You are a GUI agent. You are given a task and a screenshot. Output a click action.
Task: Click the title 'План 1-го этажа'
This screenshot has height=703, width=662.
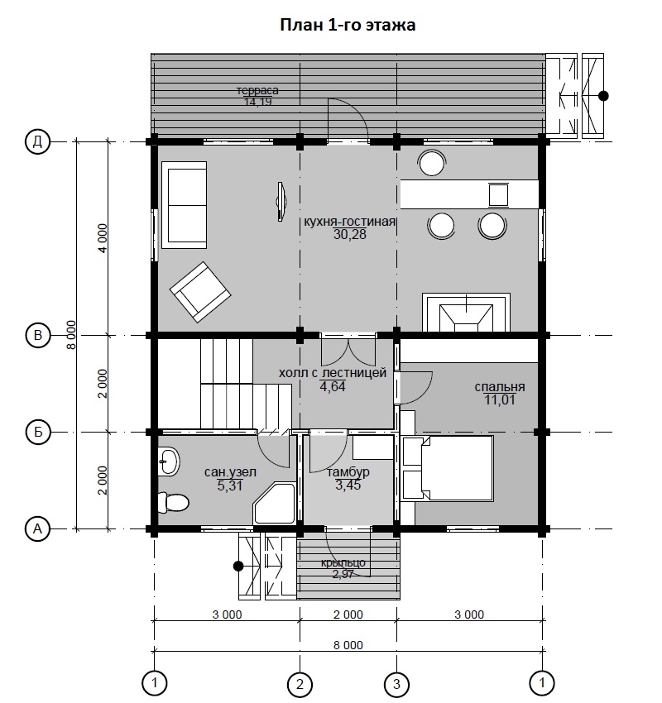(348, 25)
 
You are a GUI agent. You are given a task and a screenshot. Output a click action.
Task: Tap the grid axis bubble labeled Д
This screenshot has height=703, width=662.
(38, 141)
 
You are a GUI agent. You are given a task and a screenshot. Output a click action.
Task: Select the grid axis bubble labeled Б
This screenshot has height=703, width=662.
(38, 432)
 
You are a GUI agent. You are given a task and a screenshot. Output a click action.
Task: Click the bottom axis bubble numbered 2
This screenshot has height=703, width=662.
(300, 684)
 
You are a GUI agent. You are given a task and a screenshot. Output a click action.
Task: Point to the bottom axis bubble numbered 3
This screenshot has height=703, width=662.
(396, 684)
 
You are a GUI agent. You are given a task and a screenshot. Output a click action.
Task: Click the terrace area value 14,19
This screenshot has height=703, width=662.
(257, 102)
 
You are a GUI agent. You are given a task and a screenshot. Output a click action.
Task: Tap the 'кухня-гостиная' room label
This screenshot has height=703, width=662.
(350, 222)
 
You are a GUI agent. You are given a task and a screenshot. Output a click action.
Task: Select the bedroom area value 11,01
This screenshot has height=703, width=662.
(499, 400)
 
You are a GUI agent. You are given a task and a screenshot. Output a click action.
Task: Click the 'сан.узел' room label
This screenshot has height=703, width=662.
(231, 472)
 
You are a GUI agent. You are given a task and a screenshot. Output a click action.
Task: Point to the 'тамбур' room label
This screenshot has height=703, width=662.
(348, 472)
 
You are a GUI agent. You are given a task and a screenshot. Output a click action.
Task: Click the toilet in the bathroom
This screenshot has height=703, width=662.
(173, 502)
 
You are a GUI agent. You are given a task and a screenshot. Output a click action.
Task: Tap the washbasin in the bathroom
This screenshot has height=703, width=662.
(169, 461)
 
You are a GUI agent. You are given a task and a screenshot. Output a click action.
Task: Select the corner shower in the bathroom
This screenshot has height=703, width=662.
(274, 503)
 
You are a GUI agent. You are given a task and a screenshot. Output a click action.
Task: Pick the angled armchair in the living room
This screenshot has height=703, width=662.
(200, 292)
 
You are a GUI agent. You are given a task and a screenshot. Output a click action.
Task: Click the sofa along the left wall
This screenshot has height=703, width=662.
(185, 205)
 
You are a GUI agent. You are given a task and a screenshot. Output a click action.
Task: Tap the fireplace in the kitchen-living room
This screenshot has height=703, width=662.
(467, 313)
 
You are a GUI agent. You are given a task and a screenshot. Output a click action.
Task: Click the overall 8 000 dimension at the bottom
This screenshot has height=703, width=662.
(348, 645)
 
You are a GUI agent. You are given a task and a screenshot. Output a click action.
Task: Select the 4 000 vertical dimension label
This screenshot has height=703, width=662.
(103, 238)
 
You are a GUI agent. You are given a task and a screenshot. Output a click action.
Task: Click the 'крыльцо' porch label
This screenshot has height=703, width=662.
(343, 563)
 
